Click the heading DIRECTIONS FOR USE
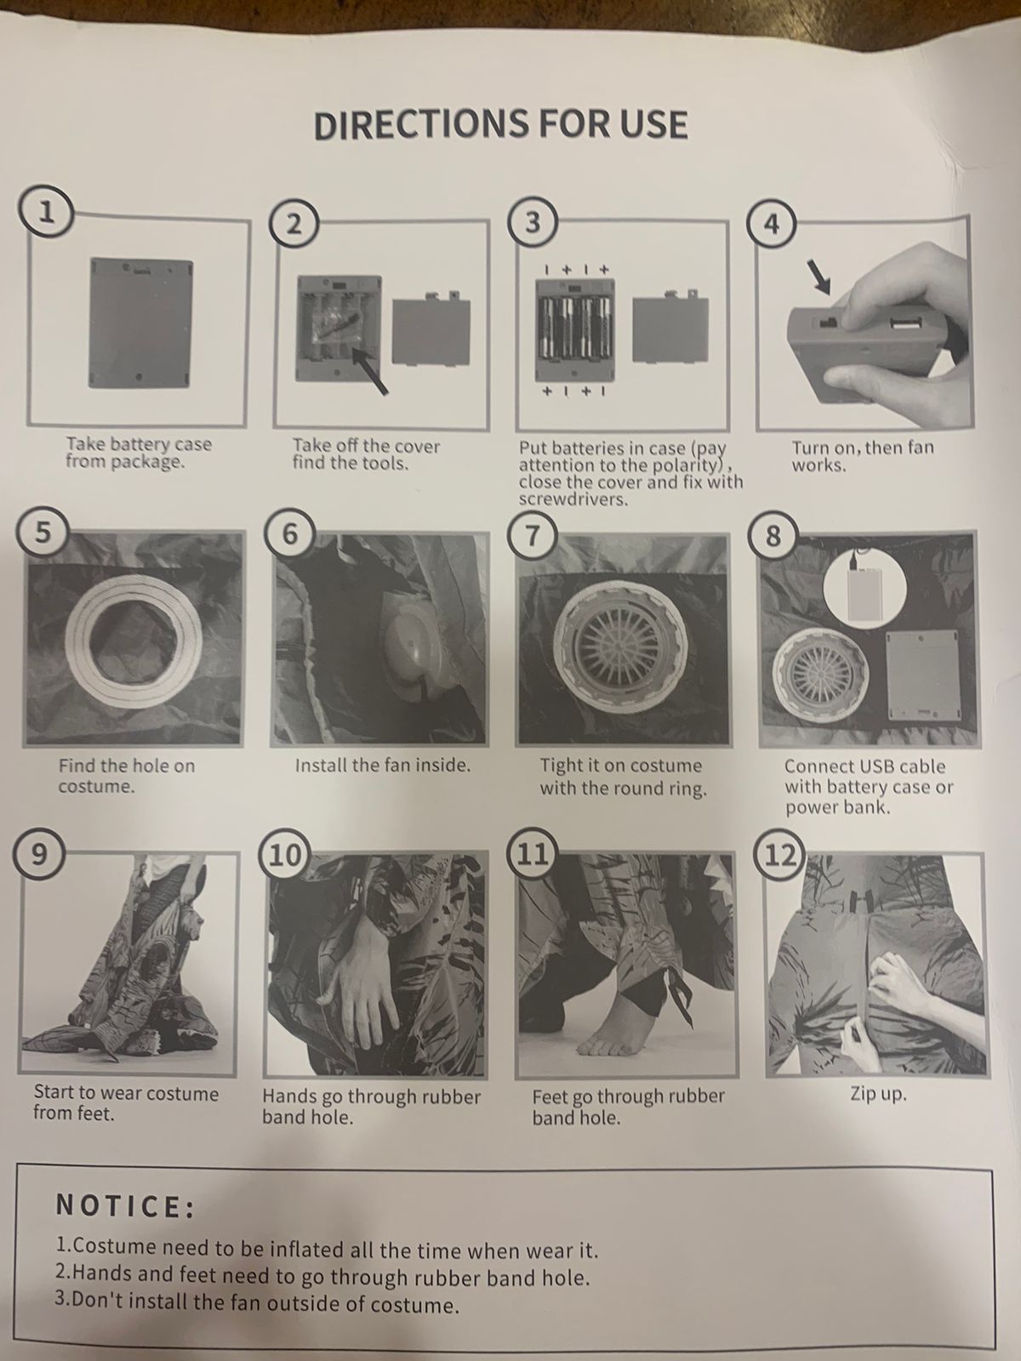500,124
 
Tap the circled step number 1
45,212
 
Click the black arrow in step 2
370,370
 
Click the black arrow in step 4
819,277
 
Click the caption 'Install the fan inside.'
383,765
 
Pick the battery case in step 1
140,322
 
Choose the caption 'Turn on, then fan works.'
862,456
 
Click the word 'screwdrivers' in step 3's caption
573,500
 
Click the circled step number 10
284,855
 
